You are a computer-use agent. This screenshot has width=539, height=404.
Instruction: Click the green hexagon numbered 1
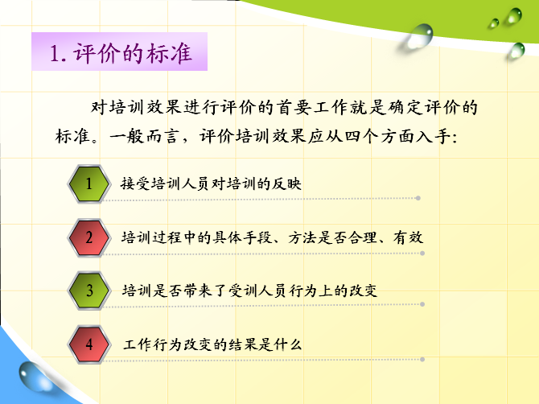pos(89,183)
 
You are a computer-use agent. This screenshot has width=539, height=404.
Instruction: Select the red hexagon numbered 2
pos(89,237)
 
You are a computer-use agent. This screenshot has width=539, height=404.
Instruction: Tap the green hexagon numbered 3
pos(89,291)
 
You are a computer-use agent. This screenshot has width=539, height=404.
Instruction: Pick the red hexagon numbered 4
pos(89,344)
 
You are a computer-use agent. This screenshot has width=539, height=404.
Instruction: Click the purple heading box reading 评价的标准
pos(119,52)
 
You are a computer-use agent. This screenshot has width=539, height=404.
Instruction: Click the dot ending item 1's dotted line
pos(418,198)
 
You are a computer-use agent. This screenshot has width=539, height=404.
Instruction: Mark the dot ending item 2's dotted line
pos(422,253)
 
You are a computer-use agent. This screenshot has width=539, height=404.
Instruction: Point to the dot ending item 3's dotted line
pos(422,304)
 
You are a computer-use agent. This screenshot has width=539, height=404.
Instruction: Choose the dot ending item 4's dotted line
pos(422,359)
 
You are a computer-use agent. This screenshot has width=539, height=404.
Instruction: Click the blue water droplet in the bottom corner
pos(33,377)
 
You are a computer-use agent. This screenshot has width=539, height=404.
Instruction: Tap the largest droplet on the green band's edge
pos(418,36)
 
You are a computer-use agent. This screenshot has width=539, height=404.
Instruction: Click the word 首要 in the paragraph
pos(293,108)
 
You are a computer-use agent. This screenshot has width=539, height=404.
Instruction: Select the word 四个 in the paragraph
pos(361,137)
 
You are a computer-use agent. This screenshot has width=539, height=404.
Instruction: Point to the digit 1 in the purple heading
pos(55,54)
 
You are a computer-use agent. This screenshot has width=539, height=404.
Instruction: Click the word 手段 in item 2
pos(257,237)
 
